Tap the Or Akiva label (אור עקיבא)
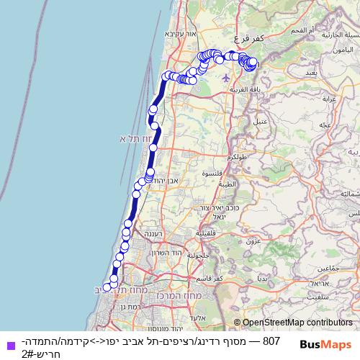(179, 33)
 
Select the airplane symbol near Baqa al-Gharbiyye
(226, 77)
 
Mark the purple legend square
(9, 344)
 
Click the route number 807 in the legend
(271, 339)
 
